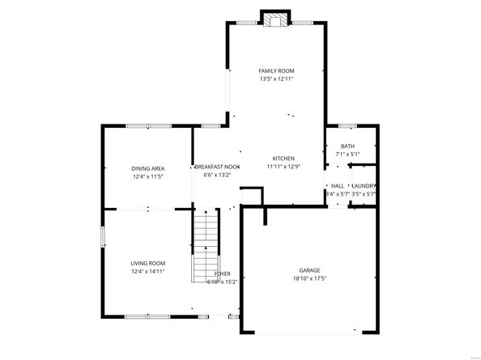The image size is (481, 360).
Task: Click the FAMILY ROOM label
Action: [276, 71]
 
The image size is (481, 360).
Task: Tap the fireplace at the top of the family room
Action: [275, 17]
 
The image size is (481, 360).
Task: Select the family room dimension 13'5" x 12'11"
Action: [276, 79]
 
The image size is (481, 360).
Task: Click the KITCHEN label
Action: [283, 158]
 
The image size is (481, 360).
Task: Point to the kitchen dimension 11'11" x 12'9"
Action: [283, 166]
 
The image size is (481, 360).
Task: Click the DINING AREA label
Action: [148, 168]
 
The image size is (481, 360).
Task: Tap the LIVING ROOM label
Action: [148, 263]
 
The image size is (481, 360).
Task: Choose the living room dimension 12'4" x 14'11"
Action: [148, 271]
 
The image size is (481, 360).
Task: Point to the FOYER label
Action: [223, 274]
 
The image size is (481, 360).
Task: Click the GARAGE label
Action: [309, 270]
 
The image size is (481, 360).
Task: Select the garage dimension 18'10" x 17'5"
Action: [309, 278]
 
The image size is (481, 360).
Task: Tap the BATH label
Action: [347, 146]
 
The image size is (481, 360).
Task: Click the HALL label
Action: [338, 186]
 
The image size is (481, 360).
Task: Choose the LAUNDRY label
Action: [363, 186]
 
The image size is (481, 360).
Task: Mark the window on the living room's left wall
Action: [102, 236]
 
